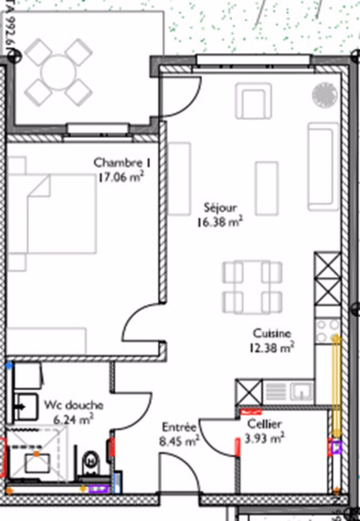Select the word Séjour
[220, 208]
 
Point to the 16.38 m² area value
[220, 222]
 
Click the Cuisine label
[272, 333]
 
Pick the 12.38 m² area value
[272, 348]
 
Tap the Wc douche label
[73, 405]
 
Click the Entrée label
[179, 427]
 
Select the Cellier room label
[264, 424]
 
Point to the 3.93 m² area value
[264, 439]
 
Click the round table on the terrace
[59, 72]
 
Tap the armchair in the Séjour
[253, 100]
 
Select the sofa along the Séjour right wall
[323, 166]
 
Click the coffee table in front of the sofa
[266, 188]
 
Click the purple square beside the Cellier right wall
[337, 447]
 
